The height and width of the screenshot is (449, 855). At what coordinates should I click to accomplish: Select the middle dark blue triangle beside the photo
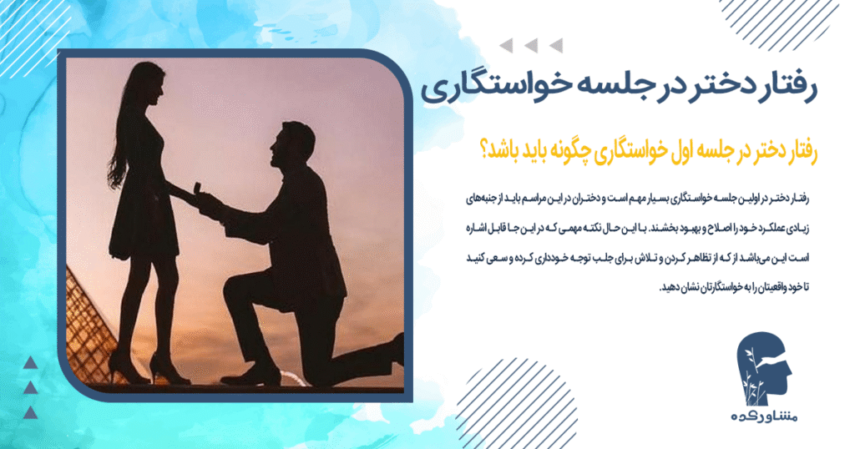[x=30, y=386]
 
